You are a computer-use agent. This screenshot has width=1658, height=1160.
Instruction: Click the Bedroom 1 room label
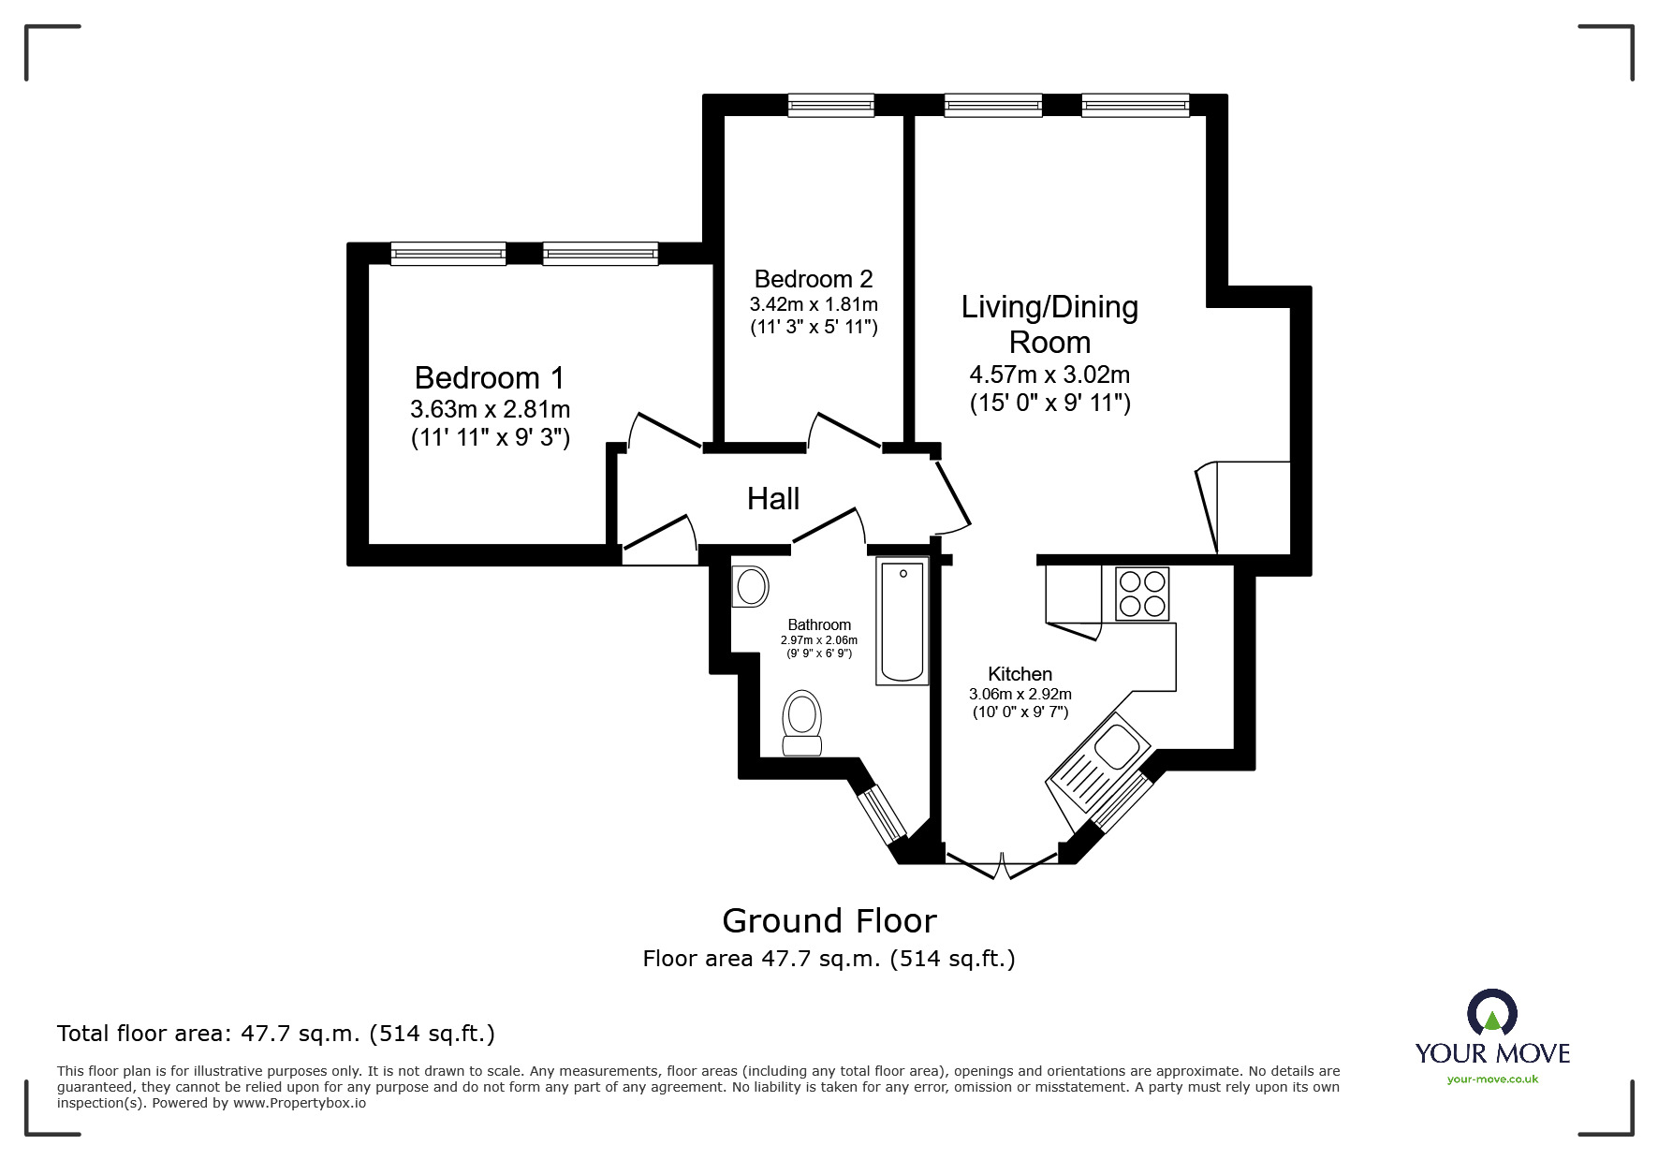[489, 378]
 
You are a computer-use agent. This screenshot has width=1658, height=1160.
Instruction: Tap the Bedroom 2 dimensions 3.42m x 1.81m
[813, 304]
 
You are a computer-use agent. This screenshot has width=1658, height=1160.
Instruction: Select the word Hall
[772, 499]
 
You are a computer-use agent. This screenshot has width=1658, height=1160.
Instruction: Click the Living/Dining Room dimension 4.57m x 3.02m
[1049, 375]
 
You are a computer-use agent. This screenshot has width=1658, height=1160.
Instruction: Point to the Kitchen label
[1020, 674]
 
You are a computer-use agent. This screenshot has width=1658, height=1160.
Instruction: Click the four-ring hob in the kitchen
[1142, 594]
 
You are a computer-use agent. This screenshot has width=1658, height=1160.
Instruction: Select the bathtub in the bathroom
[902, 621]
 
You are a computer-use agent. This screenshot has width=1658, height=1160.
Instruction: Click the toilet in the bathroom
[802, 723]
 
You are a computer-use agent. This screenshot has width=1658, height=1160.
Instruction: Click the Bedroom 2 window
[830, 105]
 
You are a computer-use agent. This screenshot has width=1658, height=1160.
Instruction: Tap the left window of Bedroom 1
[448, 253]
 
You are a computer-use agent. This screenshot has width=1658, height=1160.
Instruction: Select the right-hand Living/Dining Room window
[1135, 105]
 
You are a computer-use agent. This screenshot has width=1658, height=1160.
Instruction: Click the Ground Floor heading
[829, 921]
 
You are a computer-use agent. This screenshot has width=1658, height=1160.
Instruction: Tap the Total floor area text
[276, 1034]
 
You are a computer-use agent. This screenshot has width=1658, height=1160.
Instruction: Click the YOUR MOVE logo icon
[1491, 1015]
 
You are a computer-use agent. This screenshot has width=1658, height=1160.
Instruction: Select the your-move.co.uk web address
[1492, 1079]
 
